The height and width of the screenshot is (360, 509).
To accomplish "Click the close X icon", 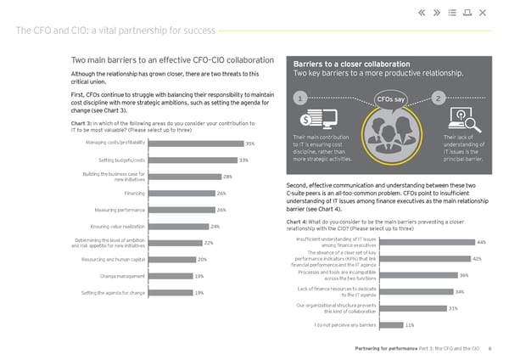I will (x=483, y=13).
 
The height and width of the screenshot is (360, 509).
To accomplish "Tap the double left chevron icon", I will (x=422, y=13).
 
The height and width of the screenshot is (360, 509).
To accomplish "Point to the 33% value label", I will (x=243, y=160).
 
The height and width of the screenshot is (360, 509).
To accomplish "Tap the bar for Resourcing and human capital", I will (x=173, y=259).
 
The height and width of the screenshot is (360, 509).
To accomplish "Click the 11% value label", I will (x=410, y=324).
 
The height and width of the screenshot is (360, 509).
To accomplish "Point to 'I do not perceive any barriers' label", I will (x=345, y=324).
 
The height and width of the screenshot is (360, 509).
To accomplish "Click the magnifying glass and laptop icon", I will (x=465, y=120).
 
